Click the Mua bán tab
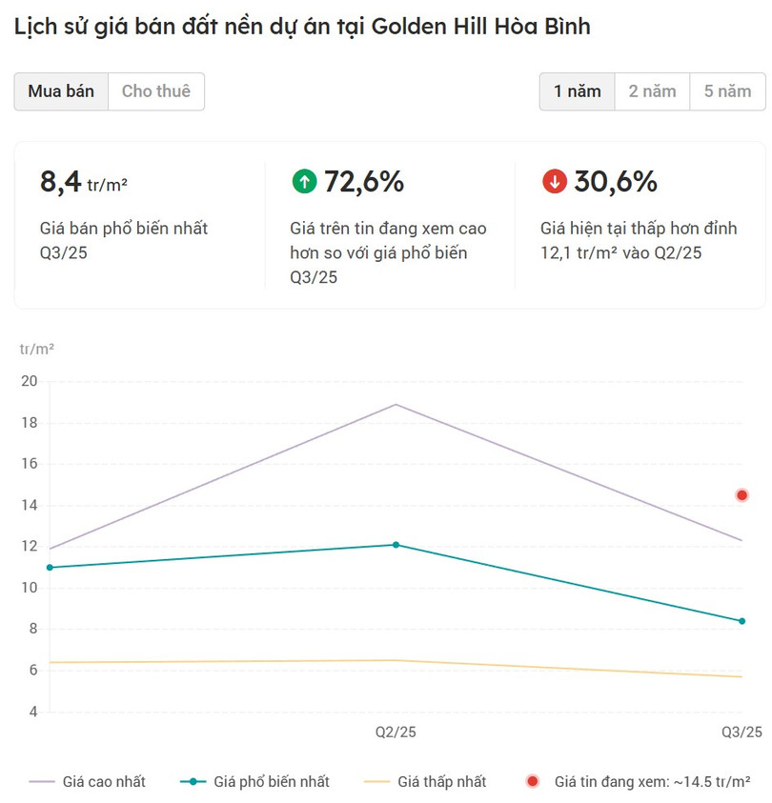61,91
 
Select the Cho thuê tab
156,91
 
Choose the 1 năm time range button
578,91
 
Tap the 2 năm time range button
653,91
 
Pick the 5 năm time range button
728,91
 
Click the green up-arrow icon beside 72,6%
304,181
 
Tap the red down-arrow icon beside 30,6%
554,181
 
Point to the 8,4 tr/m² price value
84,181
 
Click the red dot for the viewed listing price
742,495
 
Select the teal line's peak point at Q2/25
396,545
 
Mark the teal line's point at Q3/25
742,621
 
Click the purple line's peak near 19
396,405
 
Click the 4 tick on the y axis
32,712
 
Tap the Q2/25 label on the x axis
396,733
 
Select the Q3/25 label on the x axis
741,733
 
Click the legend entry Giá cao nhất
104,782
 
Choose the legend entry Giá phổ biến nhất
272,782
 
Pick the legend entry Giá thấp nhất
441,782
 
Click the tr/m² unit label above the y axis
37,350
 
